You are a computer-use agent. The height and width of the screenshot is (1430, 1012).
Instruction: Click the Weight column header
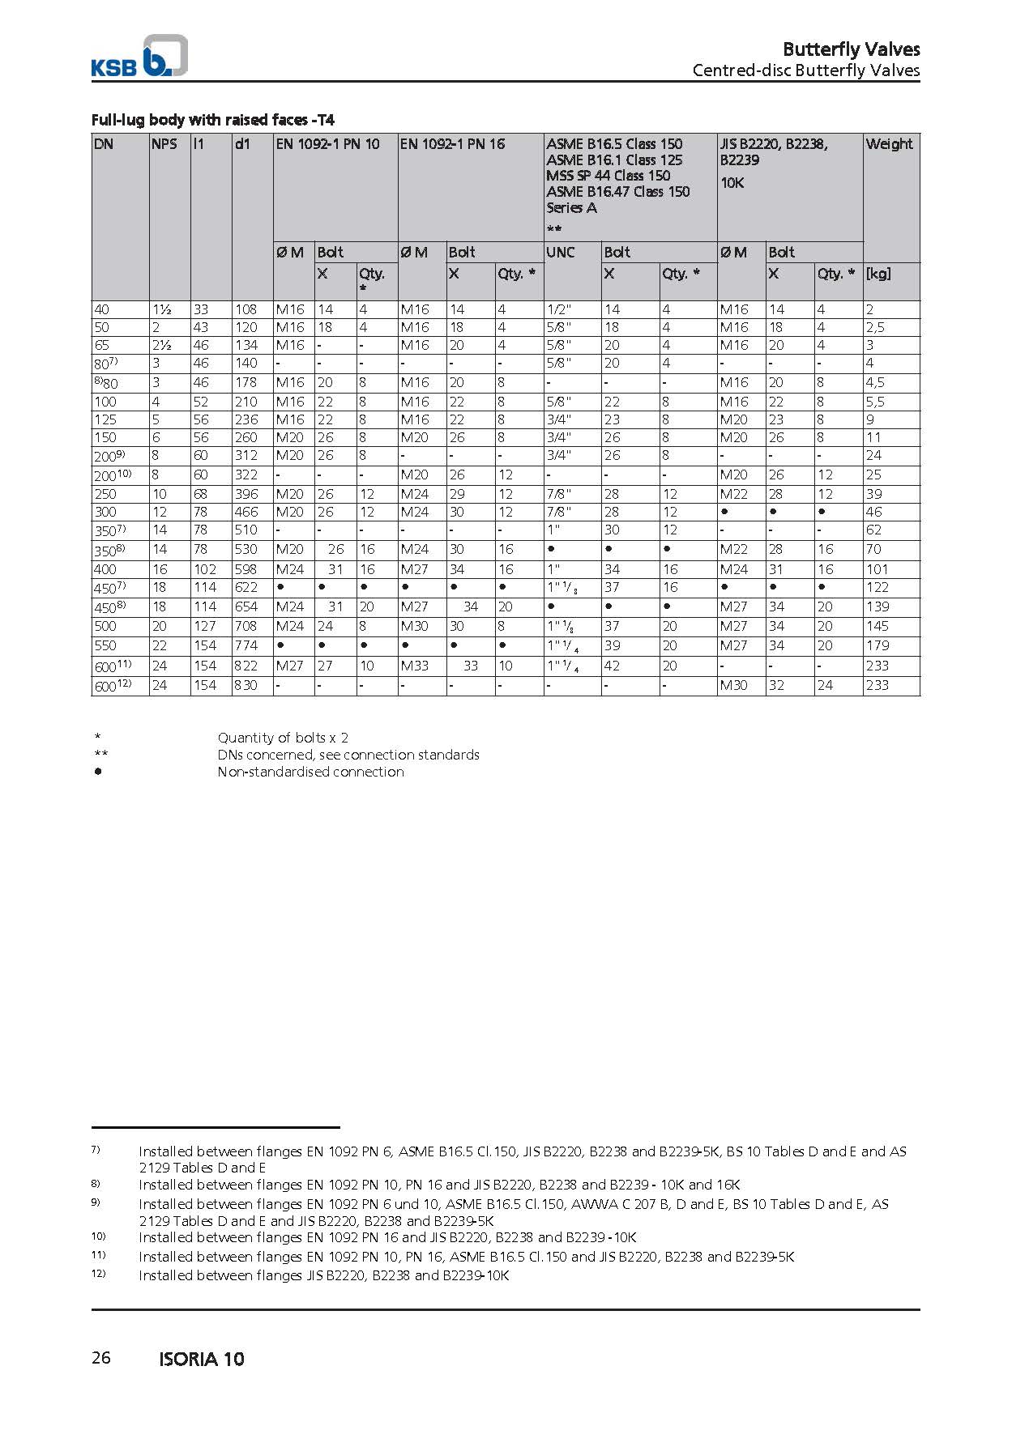coord(889,144)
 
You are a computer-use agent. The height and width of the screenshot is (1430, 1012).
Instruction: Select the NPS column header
coord(164,144)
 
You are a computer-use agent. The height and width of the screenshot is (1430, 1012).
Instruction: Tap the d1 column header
coord(242,144)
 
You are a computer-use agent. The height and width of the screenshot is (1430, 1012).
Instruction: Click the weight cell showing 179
coord(877,645)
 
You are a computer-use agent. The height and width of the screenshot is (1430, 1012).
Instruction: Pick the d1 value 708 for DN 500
coord(246,626)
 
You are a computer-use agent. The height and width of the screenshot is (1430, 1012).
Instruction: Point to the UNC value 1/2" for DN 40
coord(558,309)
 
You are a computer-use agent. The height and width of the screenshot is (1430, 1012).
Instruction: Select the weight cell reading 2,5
coord(875,327)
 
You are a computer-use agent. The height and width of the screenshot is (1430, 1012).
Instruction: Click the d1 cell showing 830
coord(246,685)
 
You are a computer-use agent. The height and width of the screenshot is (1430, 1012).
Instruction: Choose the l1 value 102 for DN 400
coord(205,569)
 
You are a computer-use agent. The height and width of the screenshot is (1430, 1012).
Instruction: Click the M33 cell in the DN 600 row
coord(415,666)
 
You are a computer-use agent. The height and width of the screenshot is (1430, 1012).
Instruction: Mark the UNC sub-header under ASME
coord(561,252)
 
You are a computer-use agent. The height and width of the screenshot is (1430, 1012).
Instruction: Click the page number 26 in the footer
coord(101,1358)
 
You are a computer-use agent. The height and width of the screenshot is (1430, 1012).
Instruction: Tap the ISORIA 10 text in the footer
coord(202,1359)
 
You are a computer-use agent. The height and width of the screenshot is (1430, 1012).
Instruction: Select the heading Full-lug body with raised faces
coord(213,120)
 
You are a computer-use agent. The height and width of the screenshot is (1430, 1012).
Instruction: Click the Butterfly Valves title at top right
coord(851,49)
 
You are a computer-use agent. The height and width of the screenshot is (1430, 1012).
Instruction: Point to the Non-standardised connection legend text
coord(310,772)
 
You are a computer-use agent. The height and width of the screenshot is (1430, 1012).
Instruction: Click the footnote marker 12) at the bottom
coord(98,1275)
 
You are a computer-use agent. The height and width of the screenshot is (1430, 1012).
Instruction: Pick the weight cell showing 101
coord(877,569)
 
